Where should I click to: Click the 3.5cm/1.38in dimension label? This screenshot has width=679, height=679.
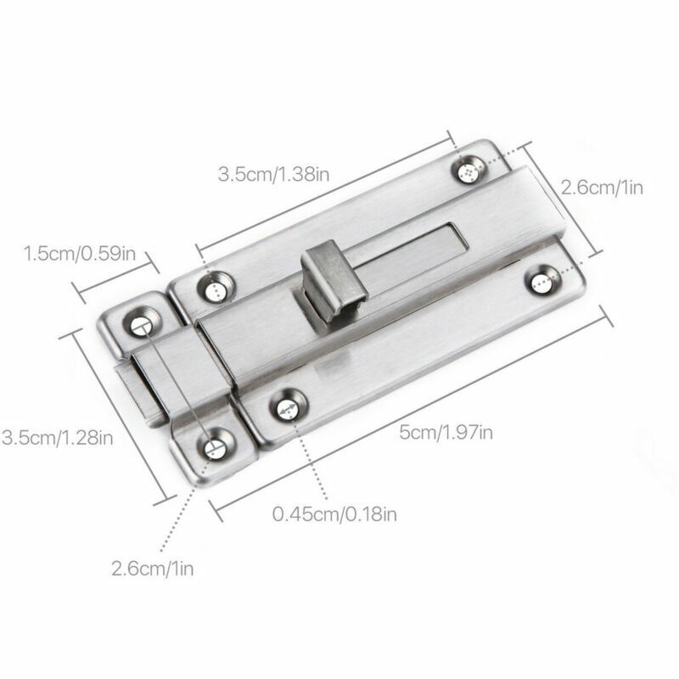coord(273,174)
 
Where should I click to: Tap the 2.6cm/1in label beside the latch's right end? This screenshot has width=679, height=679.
coord(602,188)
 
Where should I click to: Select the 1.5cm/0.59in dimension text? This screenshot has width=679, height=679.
coord(79,253)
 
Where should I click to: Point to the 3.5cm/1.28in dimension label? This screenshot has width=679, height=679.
coord(57,437)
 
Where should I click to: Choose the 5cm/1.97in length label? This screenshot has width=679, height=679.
coord(446,432)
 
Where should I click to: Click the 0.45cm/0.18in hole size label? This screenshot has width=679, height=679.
coord(334,514)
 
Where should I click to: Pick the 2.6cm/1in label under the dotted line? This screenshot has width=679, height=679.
coord(153,568)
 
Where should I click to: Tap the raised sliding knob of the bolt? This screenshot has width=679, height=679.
coord(334,281)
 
